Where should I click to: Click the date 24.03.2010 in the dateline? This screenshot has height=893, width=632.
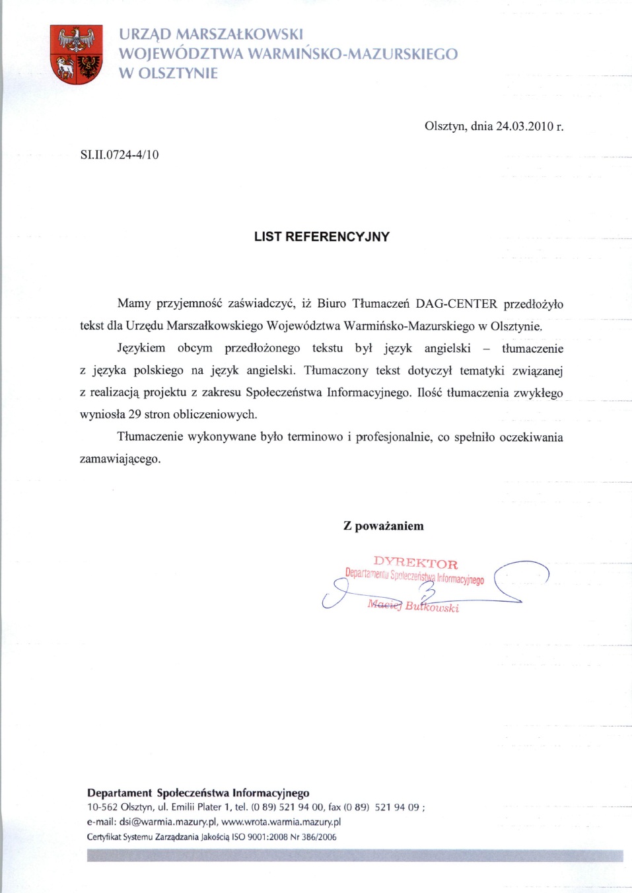click(524, 125)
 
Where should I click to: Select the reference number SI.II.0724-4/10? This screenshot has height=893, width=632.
click(120, 155)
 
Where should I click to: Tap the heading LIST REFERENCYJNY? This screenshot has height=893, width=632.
click(322, 236)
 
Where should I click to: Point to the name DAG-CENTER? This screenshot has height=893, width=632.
click(456, 304)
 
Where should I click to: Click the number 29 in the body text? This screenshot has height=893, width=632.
click(135, 415)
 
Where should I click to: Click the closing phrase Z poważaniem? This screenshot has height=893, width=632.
click(384, 526)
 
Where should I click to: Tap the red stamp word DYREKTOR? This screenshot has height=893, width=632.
click(415, 563)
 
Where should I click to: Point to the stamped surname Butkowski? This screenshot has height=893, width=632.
click(432, 606)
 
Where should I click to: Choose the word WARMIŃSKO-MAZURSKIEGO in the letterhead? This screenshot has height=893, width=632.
click(353, 54)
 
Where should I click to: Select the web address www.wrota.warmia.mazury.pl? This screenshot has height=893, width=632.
click(281, 822)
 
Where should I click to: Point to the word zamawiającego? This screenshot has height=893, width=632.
click(120, 459)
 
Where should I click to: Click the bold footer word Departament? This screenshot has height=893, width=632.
click(120, 793)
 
